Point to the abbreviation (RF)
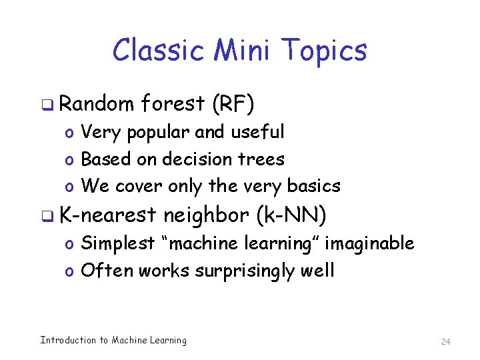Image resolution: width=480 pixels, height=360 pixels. (233, 104)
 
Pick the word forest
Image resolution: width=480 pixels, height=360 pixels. (173, 103)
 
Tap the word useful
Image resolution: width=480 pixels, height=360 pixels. (257, 132)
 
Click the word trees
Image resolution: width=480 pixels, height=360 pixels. (266, 159)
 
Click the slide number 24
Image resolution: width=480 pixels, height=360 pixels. (446, 341)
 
